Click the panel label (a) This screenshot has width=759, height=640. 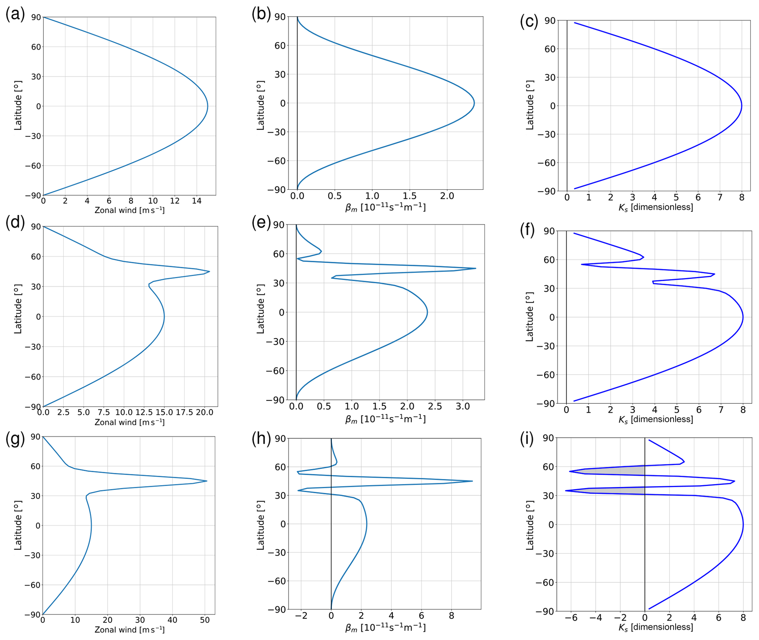point(15,14)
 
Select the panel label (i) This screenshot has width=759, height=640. point(527,439)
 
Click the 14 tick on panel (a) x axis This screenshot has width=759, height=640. point(196,201)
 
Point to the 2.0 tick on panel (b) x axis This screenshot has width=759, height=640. point(447,196)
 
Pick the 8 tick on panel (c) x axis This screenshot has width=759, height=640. point(741,197)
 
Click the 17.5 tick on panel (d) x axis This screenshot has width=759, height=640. point(184,412)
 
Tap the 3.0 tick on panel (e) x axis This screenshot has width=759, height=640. point(463,406)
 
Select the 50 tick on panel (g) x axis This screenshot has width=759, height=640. point(205,620)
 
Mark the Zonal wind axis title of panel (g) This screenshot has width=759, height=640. point(130,630)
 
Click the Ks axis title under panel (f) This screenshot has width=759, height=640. point(656,419)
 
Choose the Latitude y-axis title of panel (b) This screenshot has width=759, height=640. point(260,106)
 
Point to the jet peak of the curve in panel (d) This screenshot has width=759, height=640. point(209,272)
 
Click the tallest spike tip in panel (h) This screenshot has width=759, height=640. point(472,481)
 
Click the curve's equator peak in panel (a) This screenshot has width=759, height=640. point(207,106)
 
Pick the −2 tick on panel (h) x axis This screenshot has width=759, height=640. point(301,615)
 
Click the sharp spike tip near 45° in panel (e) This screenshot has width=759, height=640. point(476,268)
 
